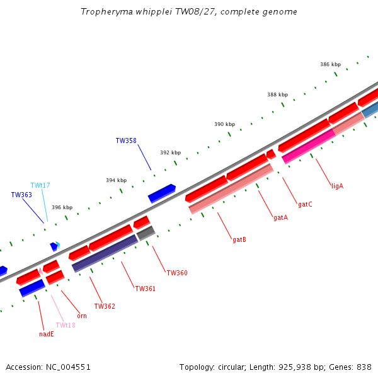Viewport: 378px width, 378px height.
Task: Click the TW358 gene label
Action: point(126,140)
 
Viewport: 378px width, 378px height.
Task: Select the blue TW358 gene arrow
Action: point(162,193)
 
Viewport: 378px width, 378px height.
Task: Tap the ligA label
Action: point(337,186)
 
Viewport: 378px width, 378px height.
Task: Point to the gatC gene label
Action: point(305,204)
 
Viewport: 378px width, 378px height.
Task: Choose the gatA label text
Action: point(280,218)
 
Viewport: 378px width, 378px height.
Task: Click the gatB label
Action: point(239,239)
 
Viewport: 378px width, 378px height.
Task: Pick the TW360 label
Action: point(177,273)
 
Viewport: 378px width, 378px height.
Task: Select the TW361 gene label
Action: point(145,289)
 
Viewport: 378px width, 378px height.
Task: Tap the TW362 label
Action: point(105,306)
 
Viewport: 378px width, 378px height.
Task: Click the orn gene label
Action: point(82,316)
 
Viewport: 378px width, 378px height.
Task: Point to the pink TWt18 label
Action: point(66,325)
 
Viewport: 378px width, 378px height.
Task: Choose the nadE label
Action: point(47,334)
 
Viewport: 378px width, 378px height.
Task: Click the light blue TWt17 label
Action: point(40,185)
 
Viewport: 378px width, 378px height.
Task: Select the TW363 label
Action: point(21,195)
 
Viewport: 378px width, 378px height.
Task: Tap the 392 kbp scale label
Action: point(171,152)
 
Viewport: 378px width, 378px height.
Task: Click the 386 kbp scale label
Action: point(331,64)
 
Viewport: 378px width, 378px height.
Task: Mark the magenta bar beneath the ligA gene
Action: point(309,146)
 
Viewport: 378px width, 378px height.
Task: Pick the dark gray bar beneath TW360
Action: point(146,233)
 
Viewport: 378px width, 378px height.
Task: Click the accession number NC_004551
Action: point(68,367)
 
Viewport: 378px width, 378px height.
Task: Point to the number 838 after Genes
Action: point(364,367)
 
